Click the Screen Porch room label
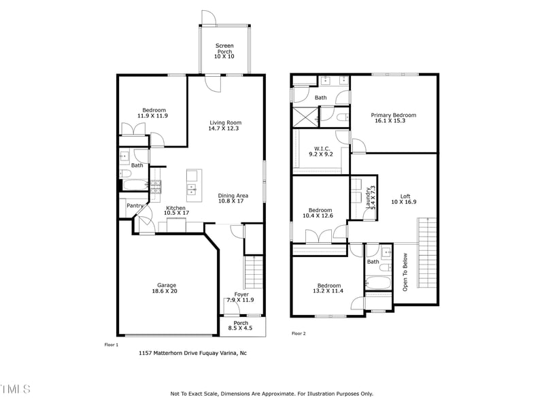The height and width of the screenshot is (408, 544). [x=224, y=51]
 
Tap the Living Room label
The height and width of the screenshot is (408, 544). [x=224, y=125]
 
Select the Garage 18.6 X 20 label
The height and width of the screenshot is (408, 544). [x=167, y=288]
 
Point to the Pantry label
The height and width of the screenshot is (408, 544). [x=135, y=205]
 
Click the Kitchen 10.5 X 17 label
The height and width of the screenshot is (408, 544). [x=176, y=210]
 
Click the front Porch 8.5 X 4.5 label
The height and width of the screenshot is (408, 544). [x=240, y=326]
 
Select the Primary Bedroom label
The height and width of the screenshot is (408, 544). [x=393, y=118]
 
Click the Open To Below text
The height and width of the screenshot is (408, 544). [x=405, y=272]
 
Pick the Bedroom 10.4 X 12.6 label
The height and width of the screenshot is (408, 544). [x=320, y=213]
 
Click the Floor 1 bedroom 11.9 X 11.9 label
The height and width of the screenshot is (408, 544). [x=153, y=113]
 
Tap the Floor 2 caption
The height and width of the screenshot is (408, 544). [x=299, y=333]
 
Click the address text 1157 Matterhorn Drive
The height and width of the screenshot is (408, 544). [x=192, y=353]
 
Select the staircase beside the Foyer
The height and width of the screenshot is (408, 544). [x=253, y=272]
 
